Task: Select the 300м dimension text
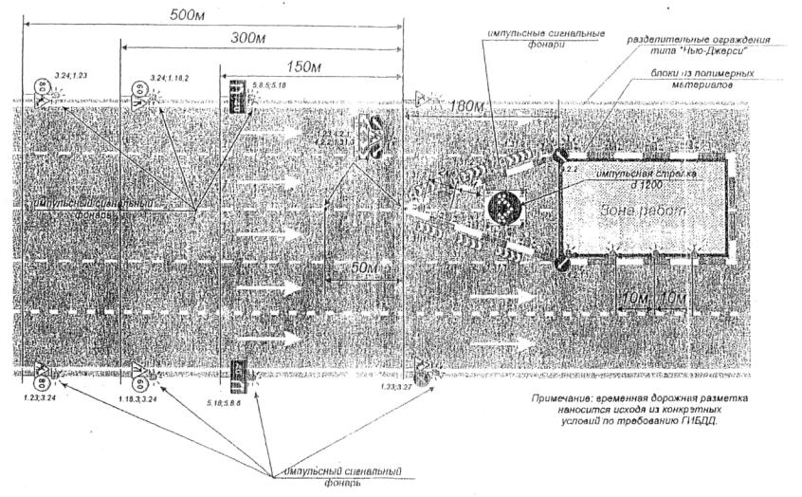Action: (253, 38)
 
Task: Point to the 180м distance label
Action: (470, 104)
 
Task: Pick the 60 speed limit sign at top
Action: (140, 95)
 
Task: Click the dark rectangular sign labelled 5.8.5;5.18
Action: (233, 95)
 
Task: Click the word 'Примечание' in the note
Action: (564, 399)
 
